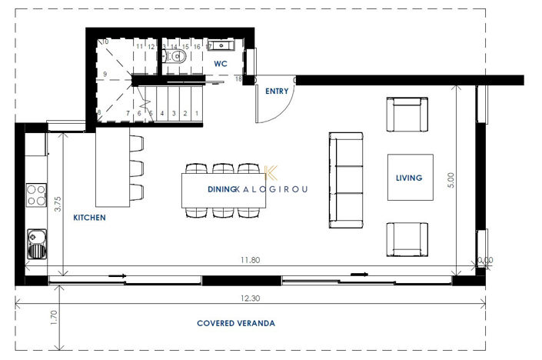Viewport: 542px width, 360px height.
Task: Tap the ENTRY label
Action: (x=277, y=92)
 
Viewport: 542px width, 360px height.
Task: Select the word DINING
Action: (x=221, y=188)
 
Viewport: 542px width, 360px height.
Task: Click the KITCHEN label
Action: (x=89, y=218)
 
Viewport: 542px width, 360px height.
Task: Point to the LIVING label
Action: (x=409, y=178)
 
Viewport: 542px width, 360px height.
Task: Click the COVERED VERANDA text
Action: (x=236, y=324)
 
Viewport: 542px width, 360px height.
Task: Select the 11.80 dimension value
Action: (x=251, y=261)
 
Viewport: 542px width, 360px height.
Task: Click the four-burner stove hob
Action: (x=35, y=194)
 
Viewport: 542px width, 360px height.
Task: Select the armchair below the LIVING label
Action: (x=407, y=239)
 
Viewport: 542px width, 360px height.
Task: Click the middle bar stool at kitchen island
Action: (x=136, y=168)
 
